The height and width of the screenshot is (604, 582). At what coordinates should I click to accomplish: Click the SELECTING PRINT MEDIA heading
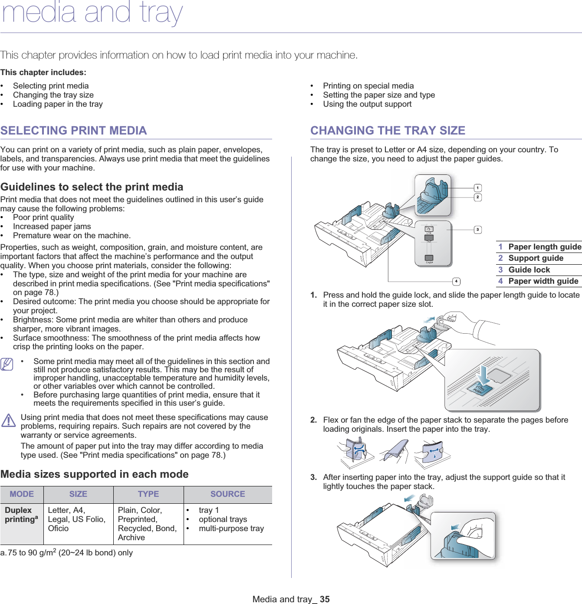(74, 131)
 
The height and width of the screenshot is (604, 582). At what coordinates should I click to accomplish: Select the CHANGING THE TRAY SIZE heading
(388, 131)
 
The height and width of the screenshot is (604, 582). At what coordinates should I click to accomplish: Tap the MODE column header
(22, 494)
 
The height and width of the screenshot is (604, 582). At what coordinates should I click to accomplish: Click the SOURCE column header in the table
(227, 494)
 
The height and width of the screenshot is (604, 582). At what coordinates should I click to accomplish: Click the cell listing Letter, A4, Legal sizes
(77, 519)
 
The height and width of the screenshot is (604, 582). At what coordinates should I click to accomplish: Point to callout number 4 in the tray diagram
(456, 282)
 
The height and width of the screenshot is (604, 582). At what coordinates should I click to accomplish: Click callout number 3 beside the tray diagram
(477, 230)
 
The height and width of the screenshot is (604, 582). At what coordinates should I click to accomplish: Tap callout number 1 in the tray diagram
(477, 188)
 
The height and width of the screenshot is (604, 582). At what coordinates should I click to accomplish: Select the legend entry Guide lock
(529, 270)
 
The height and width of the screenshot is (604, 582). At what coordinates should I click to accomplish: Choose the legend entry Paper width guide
(543, 281)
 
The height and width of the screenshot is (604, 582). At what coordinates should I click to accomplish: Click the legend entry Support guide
(536, 258)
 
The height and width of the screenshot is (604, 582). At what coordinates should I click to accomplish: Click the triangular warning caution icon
(8, 420)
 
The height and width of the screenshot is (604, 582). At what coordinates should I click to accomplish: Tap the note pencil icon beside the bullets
(7, 364)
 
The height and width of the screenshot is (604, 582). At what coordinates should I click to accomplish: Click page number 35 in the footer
(325, 599)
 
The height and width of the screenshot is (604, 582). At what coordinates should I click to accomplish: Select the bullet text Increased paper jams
(52, 226)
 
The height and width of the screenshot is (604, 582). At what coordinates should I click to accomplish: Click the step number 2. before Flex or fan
(313, 420)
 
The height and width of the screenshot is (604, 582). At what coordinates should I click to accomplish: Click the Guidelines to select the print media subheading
(92, 187)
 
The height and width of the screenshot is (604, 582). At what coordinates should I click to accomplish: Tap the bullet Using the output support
(367, 104)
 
